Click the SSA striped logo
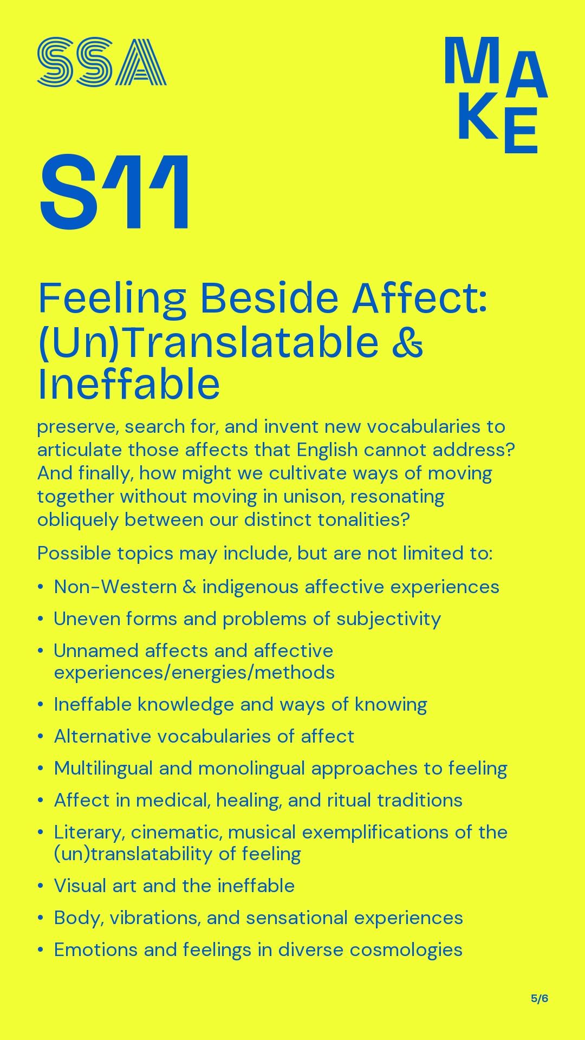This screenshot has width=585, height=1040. click(102, 62)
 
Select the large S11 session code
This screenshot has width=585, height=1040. click(115, 192)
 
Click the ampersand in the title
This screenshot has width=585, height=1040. click(407, 342)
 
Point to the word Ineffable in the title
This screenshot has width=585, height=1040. click(129, 384)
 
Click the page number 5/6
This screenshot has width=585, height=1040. click(539, 998)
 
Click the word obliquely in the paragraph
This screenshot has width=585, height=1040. click(78, 520)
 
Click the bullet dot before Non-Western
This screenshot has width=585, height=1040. click(41, 587)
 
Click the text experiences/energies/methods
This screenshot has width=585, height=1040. click(194, 673)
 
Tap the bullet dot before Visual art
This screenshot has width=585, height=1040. click(41, 886)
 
